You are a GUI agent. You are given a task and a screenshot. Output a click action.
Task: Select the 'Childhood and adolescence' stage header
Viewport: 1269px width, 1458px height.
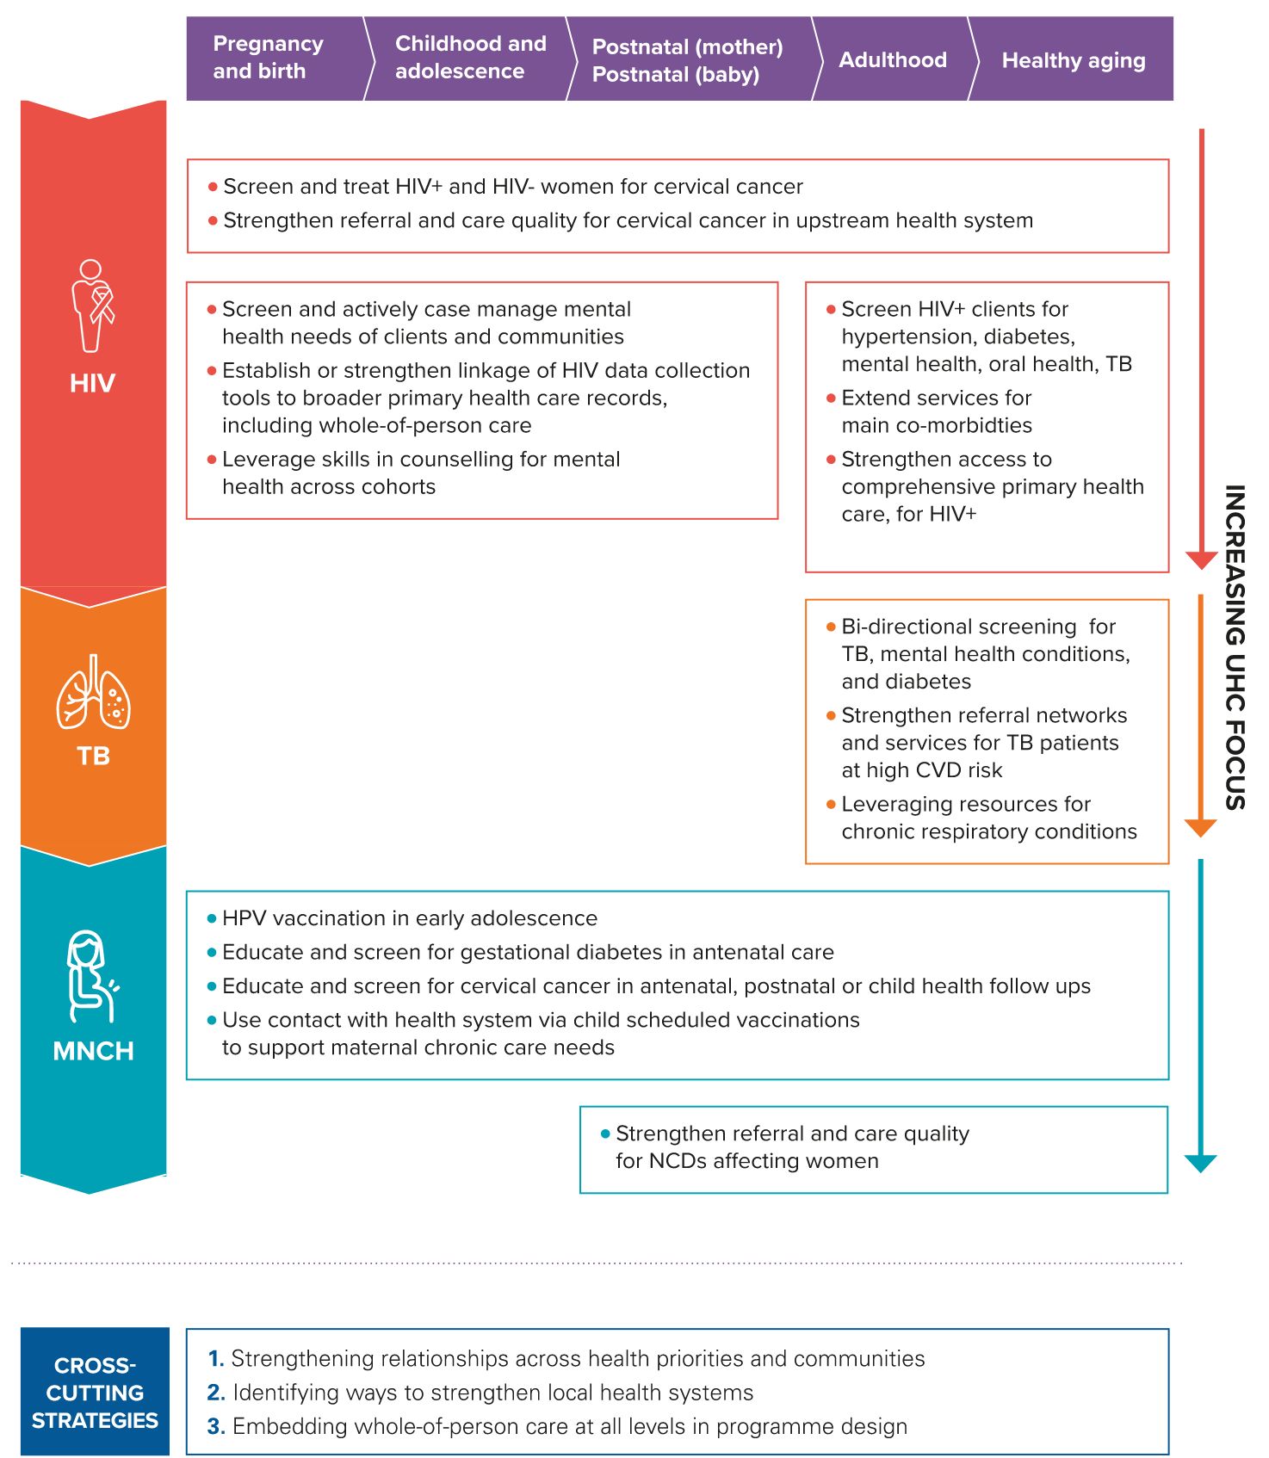coord(471,58)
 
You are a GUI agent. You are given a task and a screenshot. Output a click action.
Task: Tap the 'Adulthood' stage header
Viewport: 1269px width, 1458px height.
coord(893,59)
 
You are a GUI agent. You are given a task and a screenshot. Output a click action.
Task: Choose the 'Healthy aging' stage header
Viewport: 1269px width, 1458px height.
coord(1073,60)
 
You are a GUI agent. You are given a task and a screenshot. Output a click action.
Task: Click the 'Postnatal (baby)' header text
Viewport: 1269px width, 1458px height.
coord(676,75)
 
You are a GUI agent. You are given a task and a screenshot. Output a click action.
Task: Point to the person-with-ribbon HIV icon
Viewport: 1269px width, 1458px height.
coord(93,306)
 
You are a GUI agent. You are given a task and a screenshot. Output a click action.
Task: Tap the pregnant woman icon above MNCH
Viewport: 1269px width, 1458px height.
coord(92,975)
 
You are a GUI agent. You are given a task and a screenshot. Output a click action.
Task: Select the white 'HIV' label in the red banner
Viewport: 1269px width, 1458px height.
coord(93,383)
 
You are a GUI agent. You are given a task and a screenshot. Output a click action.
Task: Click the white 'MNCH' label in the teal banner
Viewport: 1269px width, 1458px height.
coord(93,1051)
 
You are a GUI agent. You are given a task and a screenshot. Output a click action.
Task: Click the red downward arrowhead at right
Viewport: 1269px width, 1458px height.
coord(1201,560)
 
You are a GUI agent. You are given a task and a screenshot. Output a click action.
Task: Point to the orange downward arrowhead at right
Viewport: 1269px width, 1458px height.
coord(1201,828)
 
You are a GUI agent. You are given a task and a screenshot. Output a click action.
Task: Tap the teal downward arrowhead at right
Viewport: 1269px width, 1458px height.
coord(1201,1164)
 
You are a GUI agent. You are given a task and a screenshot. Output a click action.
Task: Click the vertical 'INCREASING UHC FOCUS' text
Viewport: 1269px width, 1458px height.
coord(1235,647)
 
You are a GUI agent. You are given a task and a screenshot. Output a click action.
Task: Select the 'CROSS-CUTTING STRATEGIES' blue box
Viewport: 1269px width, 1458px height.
coord(95,1392)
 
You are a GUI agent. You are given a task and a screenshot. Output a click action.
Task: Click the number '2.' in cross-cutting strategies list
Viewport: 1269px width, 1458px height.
coord(216,1393)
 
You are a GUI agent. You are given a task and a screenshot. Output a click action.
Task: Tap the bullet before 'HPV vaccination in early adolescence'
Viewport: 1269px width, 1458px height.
coord(212,919)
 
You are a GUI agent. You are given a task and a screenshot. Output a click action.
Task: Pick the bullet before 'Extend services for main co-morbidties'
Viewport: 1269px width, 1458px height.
coord(831,398)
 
